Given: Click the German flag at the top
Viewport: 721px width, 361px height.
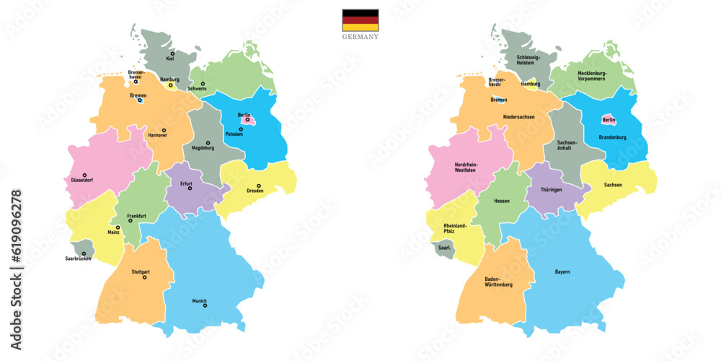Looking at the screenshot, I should [360, 19].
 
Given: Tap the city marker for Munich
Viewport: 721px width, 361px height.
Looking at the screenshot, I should [205, 305].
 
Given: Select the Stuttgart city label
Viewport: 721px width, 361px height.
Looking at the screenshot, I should [141, 271].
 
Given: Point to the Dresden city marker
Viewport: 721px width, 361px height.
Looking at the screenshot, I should [258, 185].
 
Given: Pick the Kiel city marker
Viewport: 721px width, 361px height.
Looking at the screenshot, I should [172, 53].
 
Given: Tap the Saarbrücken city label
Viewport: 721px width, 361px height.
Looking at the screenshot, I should [77, 258].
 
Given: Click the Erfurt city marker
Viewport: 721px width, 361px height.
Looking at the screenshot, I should [190, 188].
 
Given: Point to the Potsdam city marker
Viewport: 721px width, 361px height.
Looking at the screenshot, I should [241, 129].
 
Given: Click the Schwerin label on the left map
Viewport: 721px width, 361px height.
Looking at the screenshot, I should [197, 89].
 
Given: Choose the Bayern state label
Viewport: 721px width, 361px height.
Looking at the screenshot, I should [562, 271].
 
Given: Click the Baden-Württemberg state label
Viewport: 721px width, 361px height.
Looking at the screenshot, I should [498, 282].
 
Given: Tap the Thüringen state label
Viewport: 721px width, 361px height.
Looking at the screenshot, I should [551, 189].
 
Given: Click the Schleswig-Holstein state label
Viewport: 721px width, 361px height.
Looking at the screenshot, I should [532, 60].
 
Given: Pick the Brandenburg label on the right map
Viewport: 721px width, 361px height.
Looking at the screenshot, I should [611, 137].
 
